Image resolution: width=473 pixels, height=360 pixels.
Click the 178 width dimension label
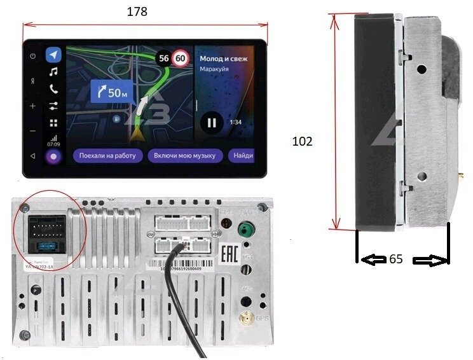point(137,11)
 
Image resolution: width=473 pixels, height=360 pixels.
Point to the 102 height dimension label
point(302,141)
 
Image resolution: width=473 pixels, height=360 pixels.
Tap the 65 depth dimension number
point(395,259)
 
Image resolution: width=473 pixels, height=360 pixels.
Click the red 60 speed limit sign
point(181,59)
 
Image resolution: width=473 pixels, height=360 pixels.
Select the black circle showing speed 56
point(164,59)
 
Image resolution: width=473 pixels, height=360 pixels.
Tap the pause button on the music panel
point(212,121)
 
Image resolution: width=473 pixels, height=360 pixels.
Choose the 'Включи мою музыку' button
point(184,155)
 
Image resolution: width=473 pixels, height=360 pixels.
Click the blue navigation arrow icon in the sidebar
point(54,54)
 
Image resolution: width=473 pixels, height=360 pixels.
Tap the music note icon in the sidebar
point(54,71)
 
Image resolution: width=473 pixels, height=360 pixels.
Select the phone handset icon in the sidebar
point(54,88)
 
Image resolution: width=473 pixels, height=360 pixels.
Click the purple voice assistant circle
point(54,156)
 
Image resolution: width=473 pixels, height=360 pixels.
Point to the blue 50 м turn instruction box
point(112,93)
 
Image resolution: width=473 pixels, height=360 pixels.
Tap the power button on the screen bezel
point(32,56)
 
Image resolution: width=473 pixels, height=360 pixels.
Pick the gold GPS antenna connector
point(245,318)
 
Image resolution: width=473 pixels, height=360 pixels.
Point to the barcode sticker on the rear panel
point(181,268)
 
